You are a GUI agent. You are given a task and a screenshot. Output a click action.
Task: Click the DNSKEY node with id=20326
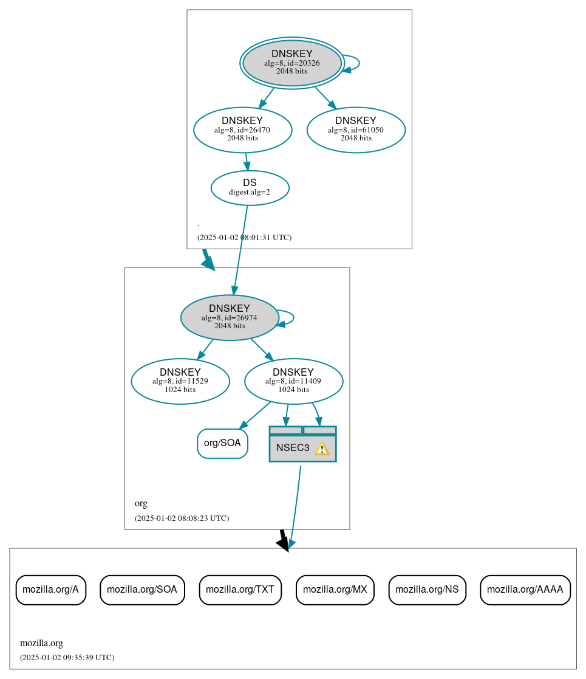(x=292, y=63)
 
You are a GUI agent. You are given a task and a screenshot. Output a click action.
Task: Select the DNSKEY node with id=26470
(x=242, y=129)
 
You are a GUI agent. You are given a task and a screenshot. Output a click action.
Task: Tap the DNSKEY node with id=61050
(x=356, y=129)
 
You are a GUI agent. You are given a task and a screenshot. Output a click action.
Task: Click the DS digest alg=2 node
(x=250, y=188)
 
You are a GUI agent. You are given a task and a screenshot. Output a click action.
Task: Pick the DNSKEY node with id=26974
(x=230, y=317)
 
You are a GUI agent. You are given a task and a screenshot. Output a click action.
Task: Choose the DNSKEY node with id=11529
(x=180, y=381)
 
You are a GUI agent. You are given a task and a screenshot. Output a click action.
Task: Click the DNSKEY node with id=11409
(x=293, y=381)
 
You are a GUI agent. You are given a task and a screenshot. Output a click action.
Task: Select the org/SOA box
(x=222, y=443)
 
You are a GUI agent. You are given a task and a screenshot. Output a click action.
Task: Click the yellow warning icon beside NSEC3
(x=322, y=449)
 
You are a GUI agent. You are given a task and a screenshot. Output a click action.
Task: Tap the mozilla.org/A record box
(x=50, y=590)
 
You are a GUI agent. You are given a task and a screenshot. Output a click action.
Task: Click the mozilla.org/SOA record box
(x=142, y=590)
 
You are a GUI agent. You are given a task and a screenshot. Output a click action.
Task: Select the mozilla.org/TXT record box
(x=240, y=590)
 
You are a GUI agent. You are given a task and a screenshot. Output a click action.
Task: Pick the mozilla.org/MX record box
(x=335, y=590)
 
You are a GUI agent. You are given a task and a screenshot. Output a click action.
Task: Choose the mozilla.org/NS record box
(x=427, y=590)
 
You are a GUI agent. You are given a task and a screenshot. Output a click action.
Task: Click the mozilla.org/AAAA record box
(x=525, y=590)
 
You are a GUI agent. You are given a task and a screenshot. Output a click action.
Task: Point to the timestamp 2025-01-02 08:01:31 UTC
(x=244, y=238)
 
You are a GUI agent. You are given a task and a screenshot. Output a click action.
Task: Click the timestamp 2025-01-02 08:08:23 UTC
(x=182, y=519)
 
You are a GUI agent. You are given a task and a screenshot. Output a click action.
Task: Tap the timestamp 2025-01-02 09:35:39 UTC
(x=67, y=658)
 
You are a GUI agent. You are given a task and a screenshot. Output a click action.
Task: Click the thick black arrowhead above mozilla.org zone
(x=283, y=543)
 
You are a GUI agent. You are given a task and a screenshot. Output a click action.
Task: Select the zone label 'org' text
(x=141, y=503)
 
